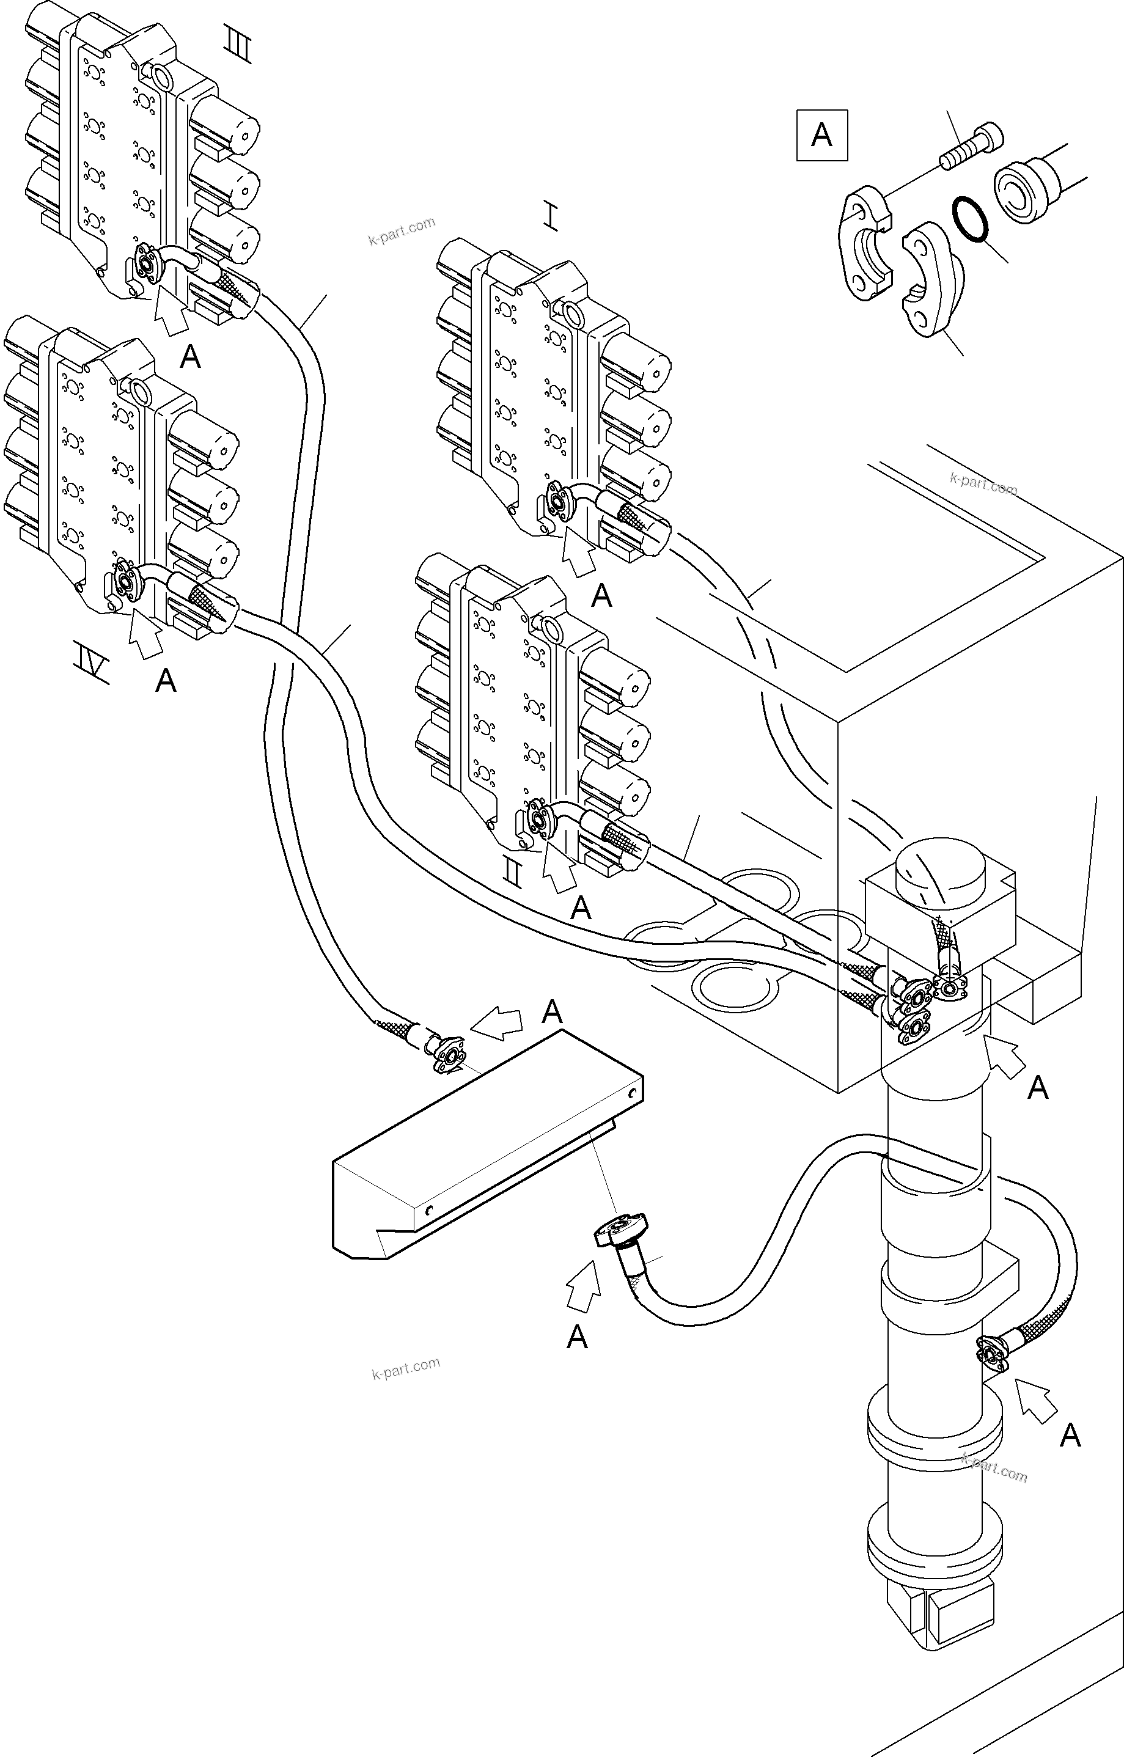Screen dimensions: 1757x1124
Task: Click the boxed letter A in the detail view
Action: point(822,135)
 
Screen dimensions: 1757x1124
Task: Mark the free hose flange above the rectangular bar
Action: point(447,1057)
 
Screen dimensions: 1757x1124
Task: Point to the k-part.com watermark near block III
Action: point(402,230)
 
